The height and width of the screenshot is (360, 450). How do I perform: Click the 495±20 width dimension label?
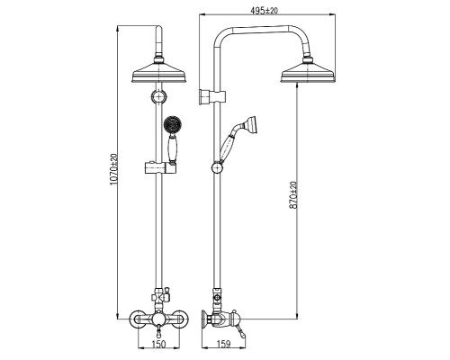click(x=265, y=11)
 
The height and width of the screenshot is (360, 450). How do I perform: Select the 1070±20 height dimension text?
click(x=113, y=170)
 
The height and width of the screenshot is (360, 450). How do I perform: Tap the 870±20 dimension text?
click(x=293, y=195)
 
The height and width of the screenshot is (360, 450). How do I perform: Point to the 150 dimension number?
click(x=158, y=344)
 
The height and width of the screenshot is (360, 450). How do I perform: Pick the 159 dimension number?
click(x=223, y=344)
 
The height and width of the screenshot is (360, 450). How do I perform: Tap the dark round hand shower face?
click(x=172, y=123)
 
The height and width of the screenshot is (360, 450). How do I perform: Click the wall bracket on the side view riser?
click(x=212, y=96)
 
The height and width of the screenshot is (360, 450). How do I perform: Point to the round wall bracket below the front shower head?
click(x=158, y=97)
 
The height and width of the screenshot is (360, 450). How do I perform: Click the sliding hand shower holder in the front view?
click(x=159, y=167)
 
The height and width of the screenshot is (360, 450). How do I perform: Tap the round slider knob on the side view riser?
click(x=217, y=167)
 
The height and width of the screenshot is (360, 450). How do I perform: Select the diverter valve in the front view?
click(x=160, y=294)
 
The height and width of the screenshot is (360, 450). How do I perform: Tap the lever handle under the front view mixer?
click(x=159, y=331)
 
